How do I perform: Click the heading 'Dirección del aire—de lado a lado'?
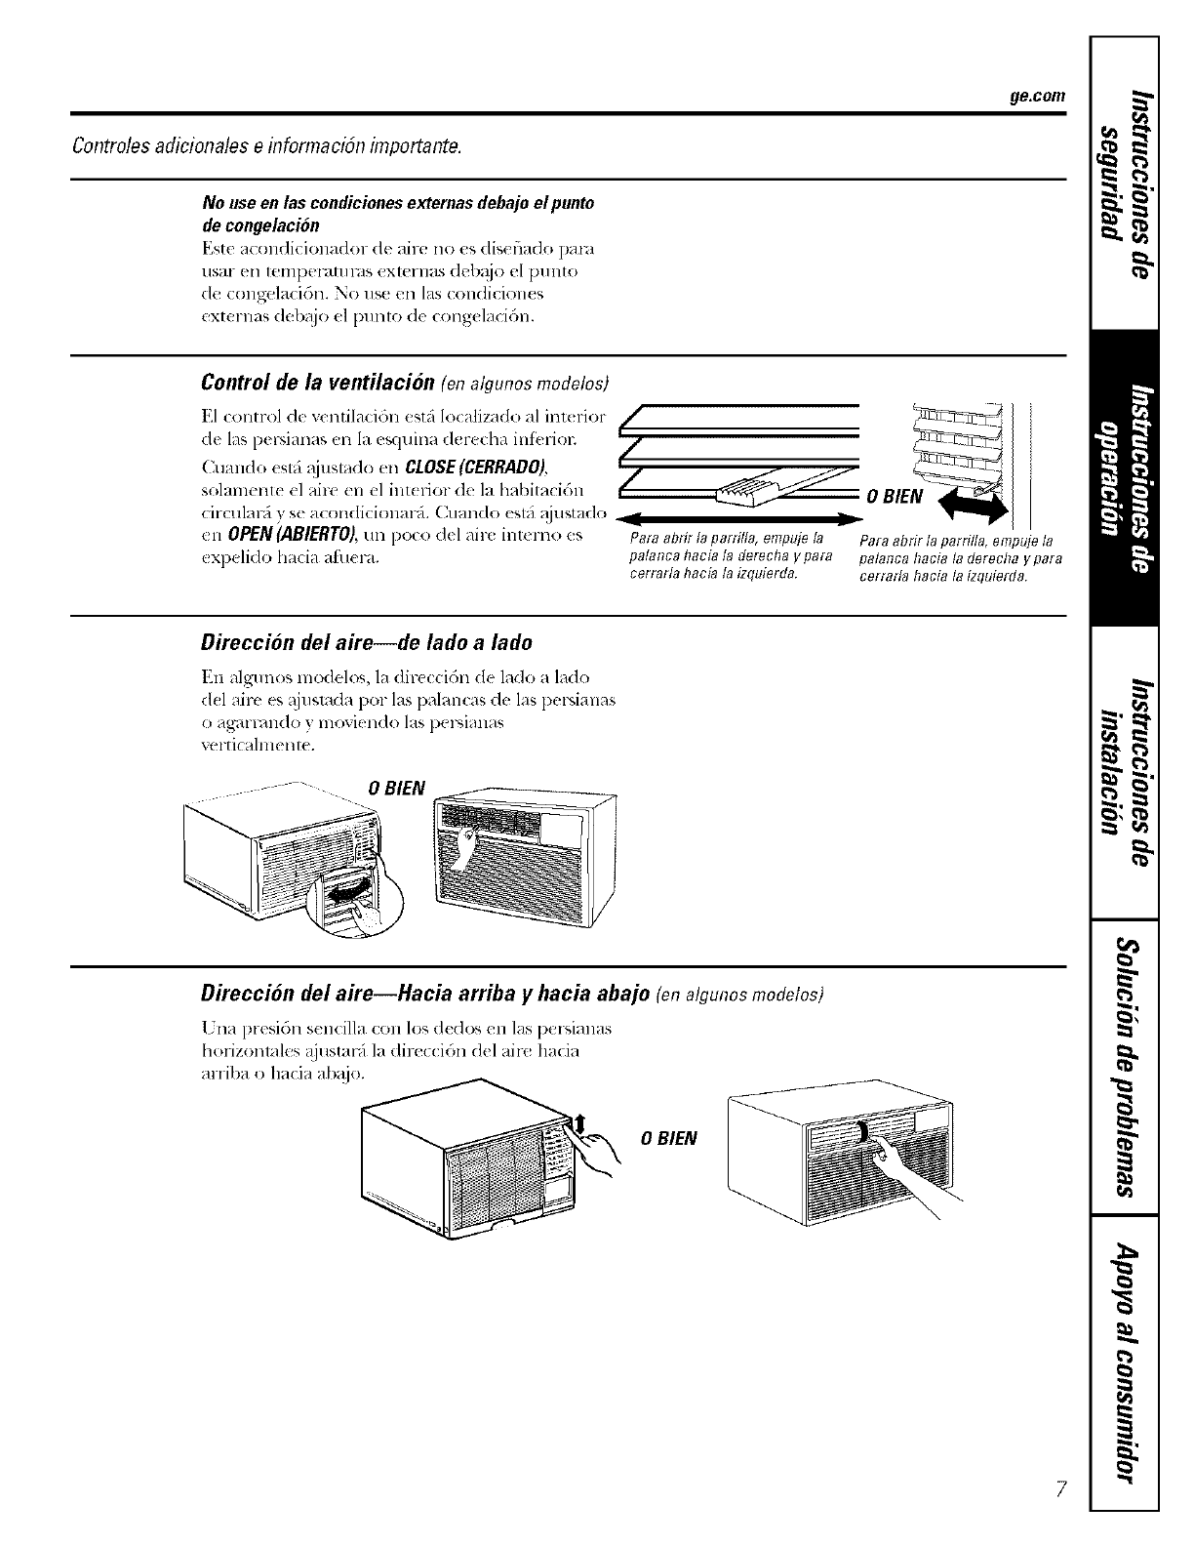(366, 643)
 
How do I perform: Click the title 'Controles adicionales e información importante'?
(266, 147)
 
